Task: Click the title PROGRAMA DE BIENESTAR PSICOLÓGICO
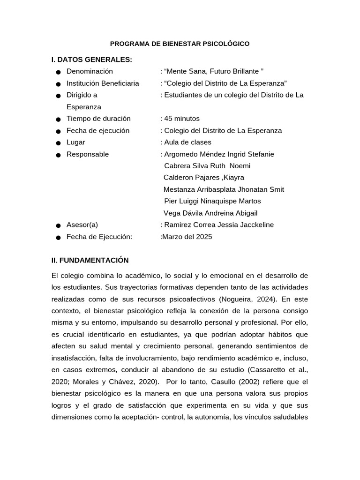[180, 44]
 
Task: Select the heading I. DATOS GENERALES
[91, 60]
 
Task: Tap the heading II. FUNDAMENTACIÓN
[90, 260]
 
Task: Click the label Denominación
[90, 71]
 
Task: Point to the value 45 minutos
[181, 119]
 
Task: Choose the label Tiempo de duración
[98, 119]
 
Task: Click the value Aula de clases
[187, 142]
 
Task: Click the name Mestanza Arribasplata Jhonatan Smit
[224, 189]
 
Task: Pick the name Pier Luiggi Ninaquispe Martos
[212, 201]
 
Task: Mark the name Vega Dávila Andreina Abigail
[210, 213]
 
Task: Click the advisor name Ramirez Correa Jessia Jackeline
[218, 225]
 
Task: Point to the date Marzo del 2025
[187, 237]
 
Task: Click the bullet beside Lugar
[58, 143]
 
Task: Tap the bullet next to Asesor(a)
[58, 226]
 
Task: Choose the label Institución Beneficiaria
[103, 83]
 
